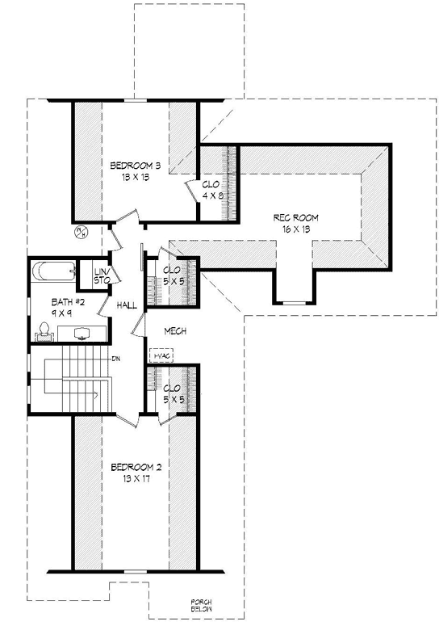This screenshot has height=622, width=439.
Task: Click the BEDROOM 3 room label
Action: pos(136,166)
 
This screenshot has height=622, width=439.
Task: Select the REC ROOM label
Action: pos(296,218)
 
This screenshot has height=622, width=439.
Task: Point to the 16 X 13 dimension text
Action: pos(296,229)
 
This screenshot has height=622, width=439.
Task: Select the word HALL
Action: pos(127,305)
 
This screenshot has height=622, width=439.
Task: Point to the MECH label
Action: pos(175,331)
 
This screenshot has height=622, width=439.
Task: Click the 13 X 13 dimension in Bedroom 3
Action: pos(136,178)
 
